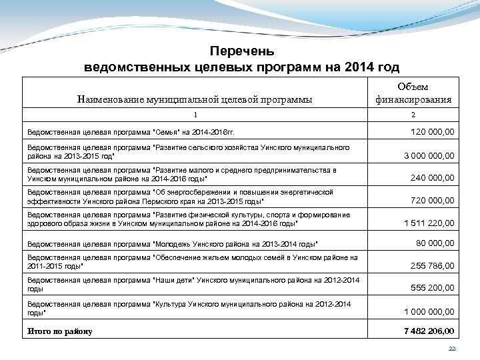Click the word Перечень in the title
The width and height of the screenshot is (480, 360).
point(242,51)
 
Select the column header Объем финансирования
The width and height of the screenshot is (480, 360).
point(413,93)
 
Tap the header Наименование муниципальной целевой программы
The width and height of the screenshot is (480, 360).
point(195,100)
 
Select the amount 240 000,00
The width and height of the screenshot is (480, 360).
point(432,178)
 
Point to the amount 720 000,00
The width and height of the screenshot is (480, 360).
point(432,200)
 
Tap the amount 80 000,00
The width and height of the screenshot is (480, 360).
point(435,243)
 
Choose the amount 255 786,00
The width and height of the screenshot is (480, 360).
point(432,265)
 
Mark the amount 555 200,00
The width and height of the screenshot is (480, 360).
point(432,287)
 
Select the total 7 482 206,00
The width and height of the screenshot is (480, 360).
point(429,331)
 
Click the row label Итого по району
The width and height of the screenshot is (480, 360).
point(60,331)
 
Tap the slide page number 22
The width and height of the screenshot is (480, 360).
point(452,349)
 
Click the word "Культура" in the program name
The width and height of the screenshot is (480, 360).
point(173,303)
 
